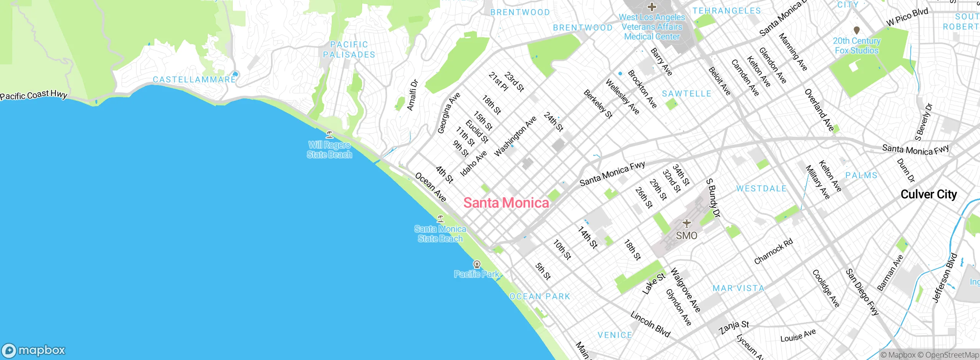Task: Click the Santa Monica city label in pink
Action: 506,203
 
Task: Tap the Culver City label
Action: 929,195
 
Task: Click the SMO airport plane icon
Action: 687,223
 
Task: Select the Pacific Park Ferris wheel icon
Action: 477,264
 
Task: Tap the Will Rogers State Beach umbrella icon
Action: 329,134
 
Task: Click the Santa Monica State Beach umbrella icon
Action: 440,219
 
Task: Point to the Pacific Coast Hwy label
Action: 34,95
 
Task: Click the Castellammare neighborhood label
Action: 194,80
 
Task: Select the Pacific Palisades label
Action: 349,50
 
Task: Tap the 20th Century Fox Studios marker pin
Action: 857,30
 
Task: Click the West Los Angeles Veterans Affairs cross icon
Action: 652,7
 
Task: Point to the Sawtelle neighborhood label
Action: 686,94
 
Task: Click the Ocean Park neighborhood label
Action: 540,296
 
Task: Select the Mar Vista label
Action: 738,288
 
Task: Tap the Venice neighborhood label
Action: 615,335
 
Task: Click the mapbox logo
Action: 34,350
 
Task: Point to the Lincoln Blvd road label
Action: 650,324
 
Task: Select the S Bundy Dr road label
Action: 713,198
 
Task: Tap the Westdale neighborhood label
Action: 761,189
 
